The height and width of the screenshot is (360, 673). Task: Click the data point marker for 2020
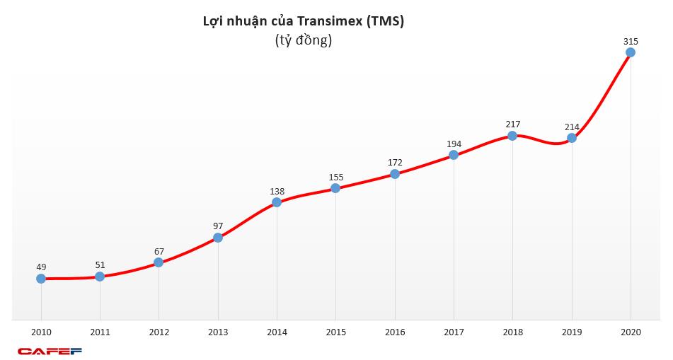(x=631, y=52)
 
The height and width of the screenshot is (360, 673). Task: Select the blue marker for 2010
(x=41, y=279)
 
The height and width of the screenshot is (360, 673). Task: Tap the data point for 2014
(x=277, y=202)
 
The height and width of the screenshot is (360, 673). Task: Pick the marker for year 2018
(x=512, y=135)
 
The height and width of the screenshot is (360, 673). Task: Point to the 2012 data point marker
(x=159, y=262)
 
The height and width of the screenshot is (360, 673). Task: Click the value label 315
(x=631, y=42)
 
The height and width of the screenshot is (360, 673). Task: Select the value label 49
(x=41, y=267)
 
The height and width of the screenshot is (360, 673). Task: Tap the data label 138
(x=277, y=191)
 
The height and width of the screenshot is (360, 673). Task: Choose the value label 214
(x=572, y=127)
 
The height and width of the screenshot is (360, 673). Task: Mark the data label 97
(x=218, y=226)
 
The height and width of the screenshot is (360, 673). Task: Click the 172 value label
(x=395, y=163)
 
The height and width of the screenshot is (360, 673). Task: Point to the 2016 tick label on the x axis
(x=395, y=332)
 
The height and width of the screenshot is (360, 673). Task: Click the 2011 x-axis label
(x=100, y=332)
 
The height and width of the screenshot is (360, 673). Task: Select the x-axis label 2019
(x=572, y=332)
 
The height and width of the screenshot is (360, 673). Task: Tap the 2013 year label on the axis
(x=218, y=332)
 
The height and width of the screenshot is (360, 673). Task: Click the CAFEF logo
(x=50, y=351)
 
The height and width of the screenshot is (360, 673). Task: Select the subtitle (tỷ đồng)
(x=304, y=41)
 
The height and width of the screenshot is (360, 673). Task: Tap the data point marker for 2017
(x=454, y=155)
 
